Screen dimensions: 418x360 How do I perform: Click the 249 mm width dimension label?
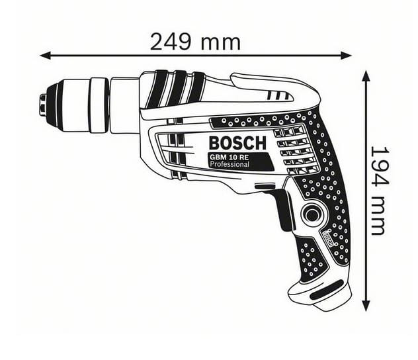195,42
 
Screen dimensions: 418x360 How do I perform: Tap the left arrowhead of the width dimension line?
45,56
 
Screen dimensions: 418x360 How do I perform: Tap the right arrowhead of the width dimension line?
347,56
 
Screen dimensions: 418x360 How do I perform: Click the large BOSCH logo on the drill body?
237,143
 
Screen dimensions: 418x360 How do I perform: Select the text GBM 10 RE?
229,157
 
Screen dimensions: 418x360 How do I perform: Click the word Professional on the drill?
230,164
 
